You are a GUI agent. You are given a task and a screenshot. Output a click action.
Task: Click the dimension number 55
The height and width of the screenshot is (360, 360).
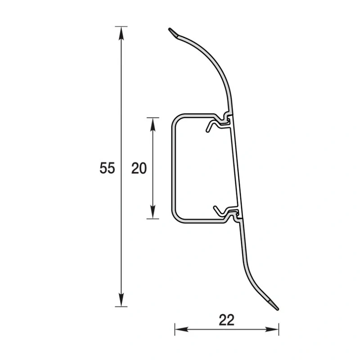point(107,168)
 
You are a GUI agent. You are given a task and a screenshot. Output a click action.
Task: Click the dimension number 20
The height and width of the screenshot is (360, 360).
point(139,168)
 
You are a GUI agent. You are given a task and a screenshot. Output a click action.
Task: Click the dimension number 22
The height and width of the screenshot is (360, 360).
point(226,320)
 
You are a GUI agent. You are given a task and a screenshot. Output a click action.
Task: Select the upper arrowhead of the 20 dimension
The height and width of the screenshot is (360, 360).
point(153,125)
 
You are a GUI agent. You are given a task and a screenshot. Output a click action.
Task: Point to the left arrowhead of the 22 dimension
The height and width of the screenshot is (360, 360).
point(182,329)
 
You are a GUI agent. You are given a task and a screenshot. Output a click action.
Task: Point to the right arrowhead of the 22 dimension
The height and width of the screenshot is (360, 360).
point(272,329)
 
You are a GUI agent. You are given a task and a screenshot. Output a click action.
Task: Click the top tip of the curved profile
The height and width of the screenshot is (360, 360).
point(170,29)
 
